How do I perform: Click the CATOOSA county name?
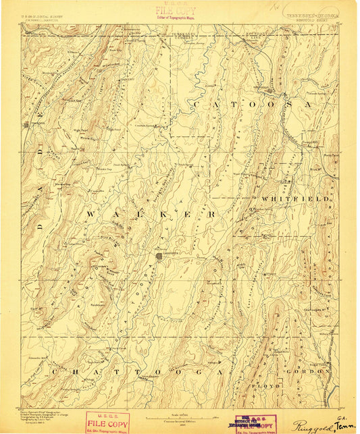click(251, 105)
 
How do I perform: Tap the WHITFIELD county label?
click(284, 199)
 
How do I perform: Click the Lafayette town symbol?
click(159, 256)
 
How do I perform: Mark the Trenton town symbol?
click(28, 124)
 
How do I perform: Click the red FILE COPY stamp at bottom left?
click(107, 421)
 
